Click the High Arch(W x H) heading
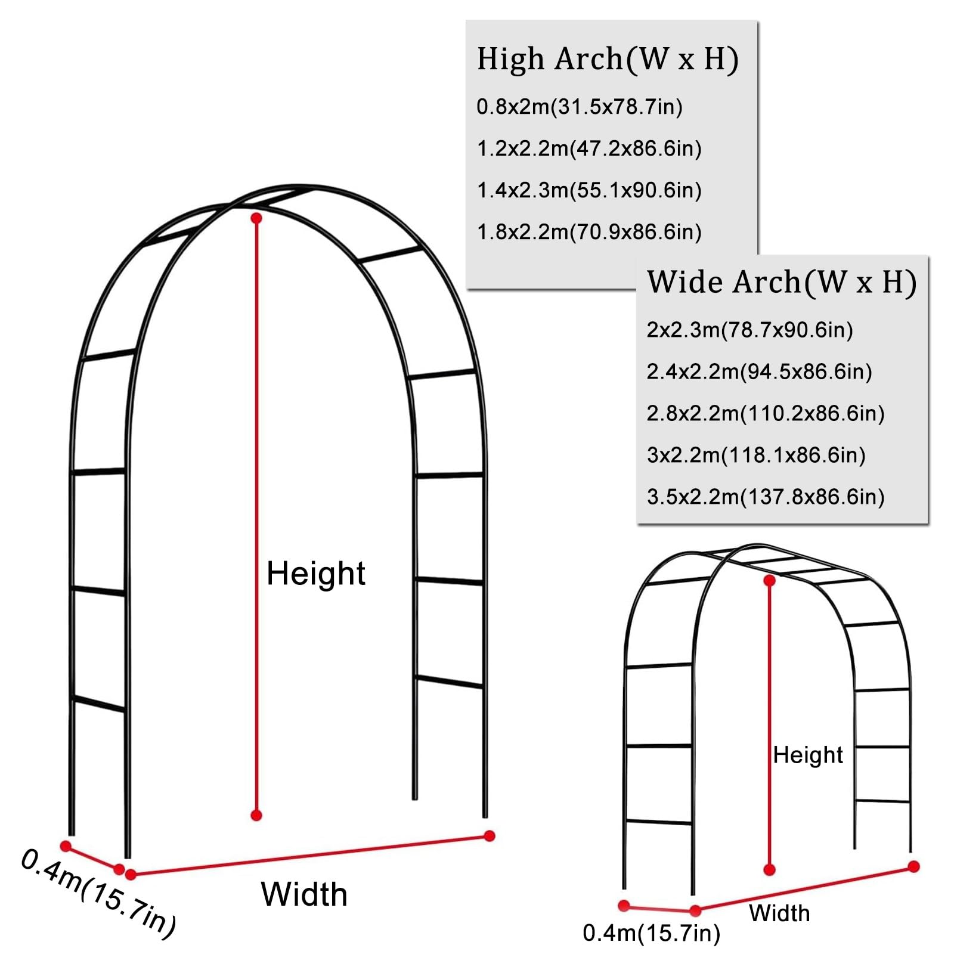point(608,60)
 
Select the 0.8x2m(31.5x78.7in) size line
point(580,107)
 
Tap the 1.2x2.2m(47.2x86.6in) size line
point(589,148)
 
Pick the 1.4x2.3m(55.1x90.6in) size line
point(589,190)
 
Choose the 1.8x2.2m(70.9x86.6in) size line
point(589,232)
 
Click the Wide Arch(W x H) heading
point(782,282)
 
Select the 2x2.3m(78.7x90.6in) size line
point(750,330)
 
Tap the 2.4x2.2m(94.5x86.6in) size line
point(760,371)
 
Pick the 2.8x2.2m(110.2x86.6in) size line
point(766,413)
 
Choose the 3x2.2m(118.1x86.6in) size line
point(756,455)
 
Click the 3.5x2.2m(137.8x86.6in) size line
point(766,497)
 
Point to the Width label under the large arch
point(304,894)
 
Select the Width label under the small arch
point(780,913)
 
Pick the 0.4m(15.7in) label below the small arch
point(652,933)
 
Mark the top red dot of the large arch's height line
point(256,218)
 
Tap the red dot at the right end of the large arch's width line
point(490,836)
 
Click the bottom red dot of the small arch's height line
point(770,870)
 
